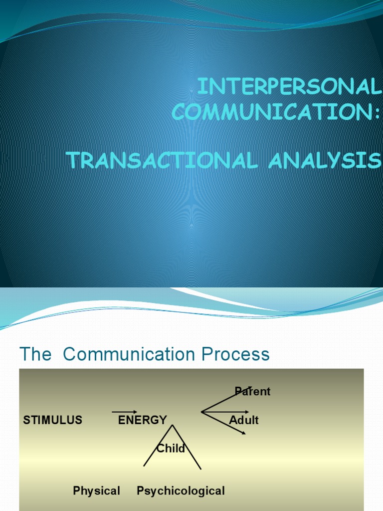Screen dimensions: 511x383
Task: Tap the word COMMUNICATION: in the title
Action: [276, 112]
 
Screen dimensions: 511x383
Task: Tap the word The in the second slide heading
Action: [35, 354]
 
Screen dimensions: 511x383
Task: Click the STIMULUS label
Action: [53, 420]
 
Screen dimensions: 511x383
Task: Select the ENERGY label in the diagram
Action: [142, 420]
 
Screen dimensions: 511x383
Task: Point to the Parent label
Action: [252, 391]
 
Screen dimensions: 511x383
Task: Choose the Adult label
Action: [244, 420]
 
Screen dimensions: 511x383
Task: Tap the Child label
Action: [171, 448]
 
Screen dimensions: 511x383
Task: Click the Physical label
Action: [96, 491]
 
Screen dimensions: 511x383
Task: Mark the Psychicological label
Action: [181, 491]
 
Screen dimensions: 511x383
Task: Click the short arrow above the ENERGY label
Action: [125, 412]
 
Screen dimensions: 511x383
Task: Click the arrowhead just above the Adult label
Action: [246, 412]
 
